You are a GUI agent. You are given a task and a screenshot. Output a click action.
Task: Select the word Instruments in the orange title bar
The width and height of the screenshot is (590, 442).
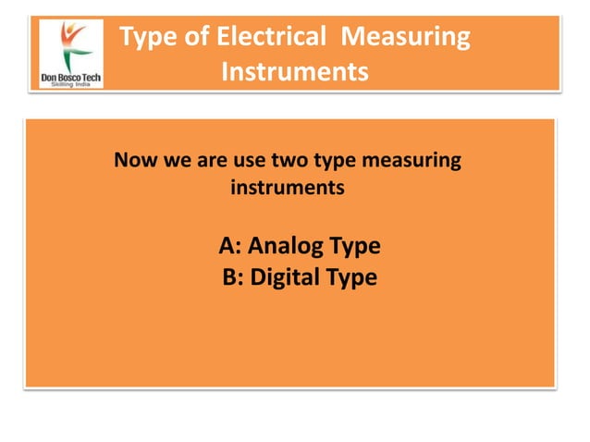point(294,71)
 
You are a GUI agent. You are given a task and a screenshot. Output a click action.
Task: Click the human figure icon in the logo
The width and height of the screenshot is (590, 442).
point(71,40)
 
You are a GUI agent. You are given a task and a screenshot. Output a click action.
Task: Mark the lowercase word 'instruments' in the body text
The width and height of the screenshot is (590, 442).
point(287,189)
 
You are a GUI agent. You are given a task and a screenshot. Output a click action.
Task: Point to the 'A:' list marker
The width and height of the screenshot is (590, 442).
point(230,247)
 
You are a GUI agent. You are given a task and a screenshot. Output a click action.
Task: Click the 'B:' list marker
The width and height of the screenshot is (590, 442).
point(233,276)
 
